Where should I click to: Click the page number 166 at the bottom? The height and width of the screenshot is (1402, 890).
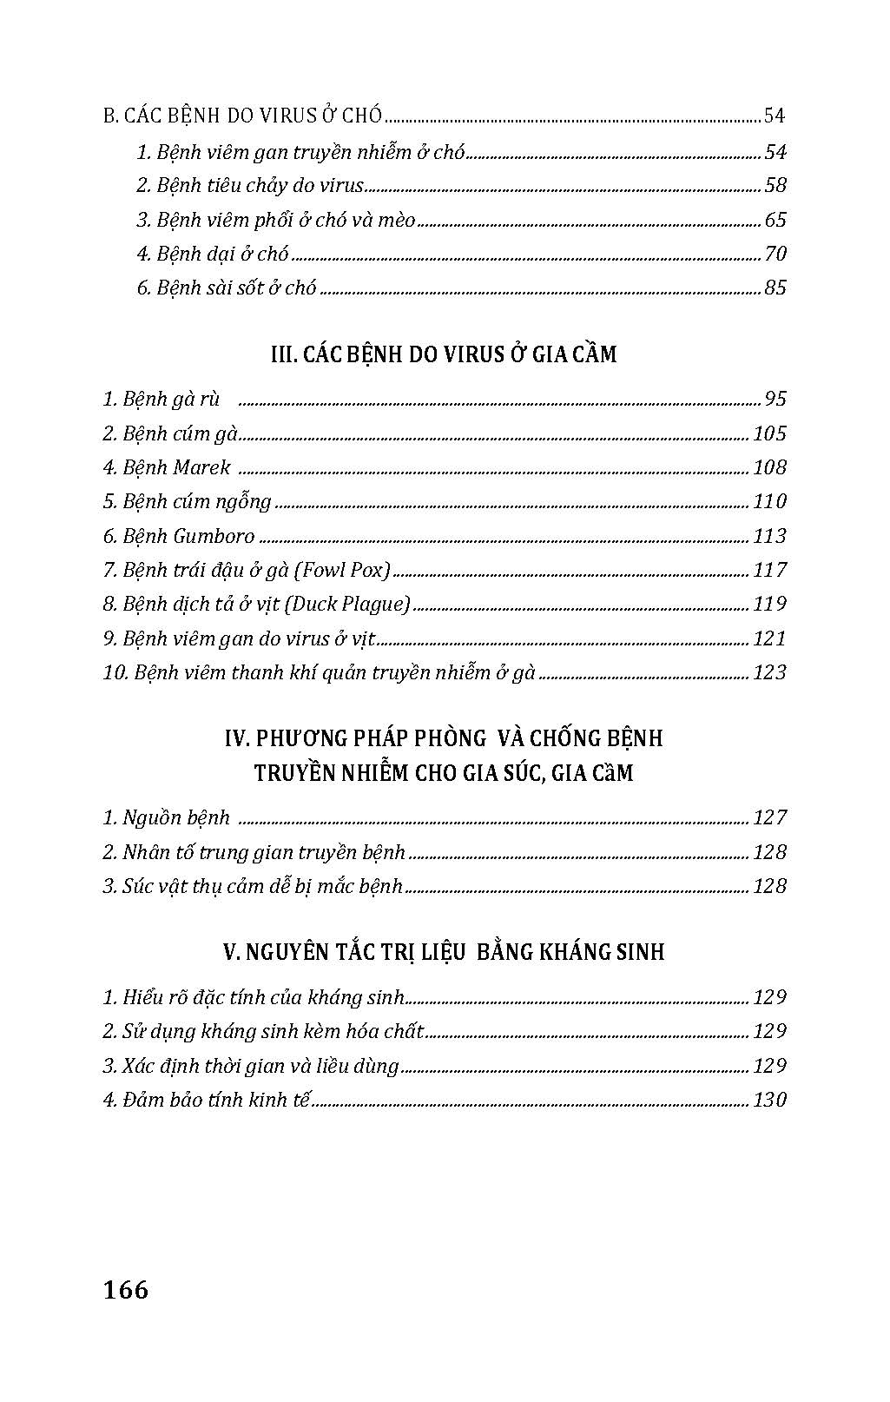point(126,1290)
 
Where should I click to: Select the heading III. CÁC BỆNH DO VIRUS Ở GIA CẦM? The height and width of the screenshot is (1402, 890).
point(444,354)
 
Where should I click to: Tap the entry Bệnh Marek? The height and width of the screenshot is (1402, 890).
point(167,467)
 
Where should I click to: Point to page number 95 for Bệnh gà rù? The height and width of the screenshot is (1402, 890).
point(775,399)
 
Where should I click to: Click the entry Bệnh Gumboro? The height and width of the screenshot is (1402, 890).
point(179,536)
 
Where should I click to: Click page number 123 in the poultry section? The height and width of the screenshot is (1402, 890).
point(769,672)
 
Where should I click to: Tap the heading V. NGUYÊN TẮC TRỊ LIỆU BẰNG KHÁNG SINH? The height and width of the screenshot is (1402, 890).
point(444,952)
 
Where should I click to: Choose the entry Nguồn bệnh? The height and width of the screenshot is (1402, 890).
point(167,817)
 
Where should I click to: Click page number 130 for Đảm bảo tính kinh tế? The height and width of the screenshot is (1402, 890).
point(769,1100)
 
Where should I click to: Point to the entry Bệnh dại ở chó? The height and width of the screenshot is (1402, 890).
point(213,254)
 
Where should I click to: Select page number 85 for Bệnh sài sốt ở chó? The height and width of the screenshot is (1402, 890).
point(775,288)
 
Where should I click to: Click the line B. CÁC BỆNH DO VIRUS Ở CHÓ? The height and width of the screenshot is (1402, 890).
point(242,116)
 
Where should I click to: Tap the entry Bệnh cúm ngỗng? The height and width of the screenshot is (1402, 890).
point(188,501)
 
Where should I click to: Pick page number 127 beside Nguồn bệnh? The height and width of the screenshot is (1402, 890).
point(769,817)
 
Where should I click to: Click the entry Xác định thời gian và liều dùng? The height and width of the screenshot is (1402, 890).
point(251,1066)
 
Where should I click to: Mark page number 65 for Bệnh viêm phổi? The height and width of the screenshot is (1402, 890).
point(775,220)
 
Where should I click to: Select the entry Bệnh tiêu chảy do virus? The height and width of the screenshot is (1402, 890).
point(250,185)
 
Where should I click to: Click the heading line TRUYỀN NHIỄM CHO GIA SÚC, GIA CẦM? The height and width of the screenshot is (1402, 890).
point(444,772)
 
